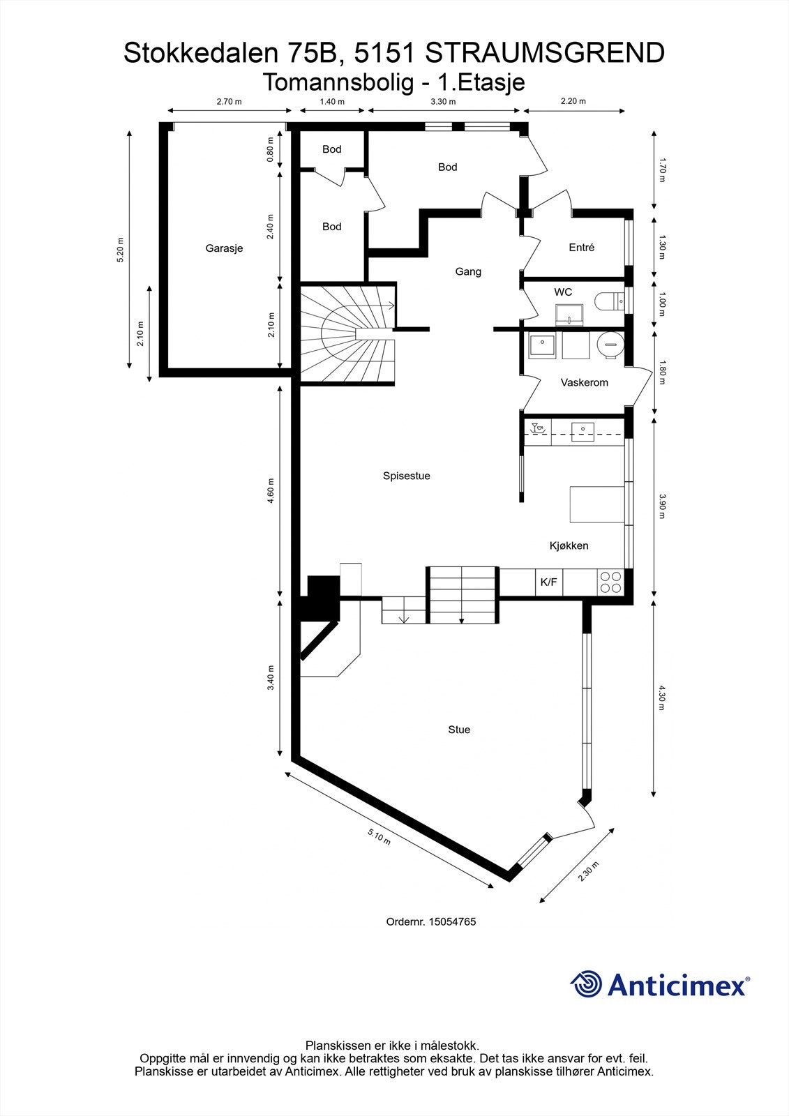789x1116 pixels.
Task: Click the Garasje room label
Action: pyautogui.click(x=224, y=248)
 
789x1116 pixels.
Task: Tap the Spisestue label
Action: pyautogui.click(x=406, y=476)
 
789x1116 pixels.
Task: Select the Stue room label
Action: pyautogui.click(x=459, y=730)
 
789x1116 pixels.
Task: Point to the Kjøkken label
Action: pyautogui.click(x=569, y=545)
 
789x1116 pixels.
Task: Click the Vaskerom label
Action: pyautogui.click(x=584, y=382)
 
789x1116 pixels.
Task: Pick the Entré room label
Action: pyautogui.click(x=581, y=247)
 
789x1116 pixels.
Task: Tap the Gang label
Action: pyautogui.click(x=468, y=271)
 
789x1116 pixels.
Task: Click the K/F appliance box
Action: pyautogui.click(x=549, y=582)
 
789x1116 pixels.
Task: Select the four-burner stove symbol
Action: pyautogui.click(x=610, y=582)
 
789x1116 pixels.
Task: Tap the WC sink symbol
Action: pyautogui.click(x=569, y=315)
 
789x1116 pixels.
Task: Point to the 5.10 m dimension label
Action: pyautogui.click(x=379, y=836)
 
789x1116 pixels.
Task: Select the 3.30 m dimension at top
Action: pyautogui.click(x=443, y=102)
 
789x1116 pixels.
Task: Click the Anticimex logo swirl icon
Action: pyautogui.click(x=586, y=984)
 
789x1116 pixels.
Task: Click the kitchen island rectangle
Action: pyautogui.click(x=596, y=504)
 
